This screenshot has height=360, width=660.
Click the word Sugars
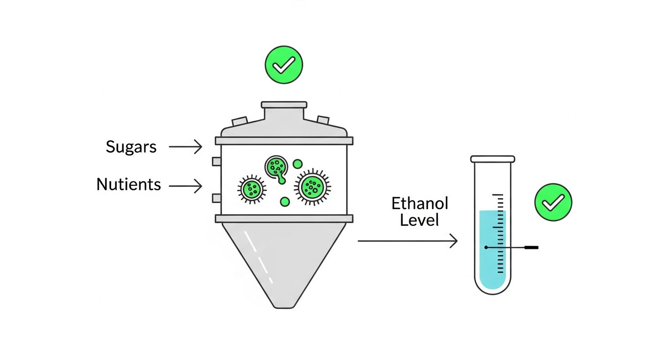coord(131,147)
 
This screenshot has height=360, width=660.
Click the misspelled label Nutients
coord(129,184)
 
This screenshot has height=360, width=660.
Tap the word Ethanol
coord(420,203)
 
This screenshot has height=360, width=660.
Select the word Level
coord(420,220)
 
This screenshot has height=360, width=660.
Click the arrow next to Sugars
coord(185,146)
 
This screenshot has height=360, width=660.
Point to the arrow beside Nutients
coord(185,186)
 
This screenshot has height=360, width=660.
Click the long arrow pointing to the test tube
coord(407,241)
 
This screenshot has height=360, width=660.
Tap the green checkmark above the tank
coord(284,65)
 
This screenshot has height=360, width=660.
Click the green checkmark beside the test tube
coord(553,202)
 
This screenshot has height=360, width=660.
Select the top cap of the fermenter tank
coord(284,105)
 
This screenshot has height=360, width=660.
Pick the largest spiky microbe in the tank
coord(312,187)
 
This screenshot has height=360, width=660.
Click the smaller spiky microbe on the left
coord(252,189)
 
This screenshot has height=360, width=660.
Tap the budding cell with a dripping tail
coord(277,168)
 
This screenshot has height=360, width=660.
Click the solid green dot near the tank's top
coord(298,164)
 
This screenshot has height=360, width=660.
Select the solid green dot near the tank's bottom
coord(285,202)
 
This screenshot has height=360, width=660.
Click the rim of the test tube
coord(493,159)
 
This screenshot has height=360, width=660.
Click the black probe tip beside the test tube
coord(532,247)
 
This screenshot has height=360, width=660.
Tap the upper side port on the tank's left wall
coord(217,161)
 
